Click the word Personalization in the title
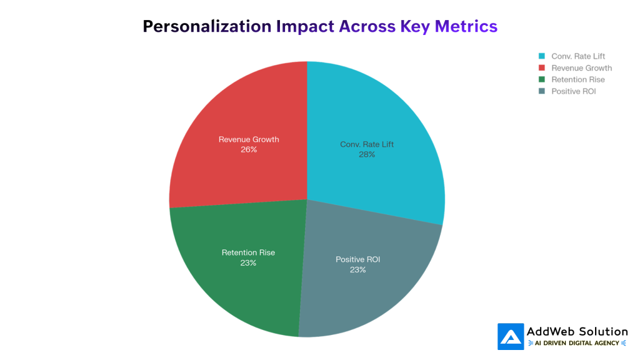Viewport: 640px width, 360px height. coord(207,26)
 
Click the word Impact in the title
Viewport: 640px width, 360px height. coord(305,26)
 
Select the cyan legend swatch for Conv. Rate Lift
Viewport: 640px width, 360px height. coord(542,56)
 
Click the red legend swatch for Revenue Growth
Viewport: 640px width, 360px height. coord(542,68)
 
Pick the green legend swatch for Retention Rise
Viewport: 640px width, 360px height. coord(542,80)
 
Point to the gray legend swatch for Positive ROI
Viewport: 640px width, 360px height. coord(542,92)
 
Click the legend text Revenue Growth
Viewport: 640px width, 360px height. coord(581,68)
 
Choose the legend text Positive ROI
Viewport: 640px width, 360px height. coord(574,92)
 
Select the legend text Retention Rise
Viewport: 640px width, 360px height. coord(577,80)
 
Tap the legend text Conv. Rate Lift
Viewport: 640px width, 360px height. coord(578,56)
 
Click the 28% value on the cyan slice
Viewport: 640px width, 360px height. coord(367,154)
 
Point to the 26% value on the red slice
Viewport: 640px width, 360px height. coord(249,149)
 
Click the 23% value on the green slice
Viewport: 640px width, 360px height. coord(248,263)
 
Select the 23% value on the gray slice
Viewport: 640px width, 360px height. coord(357,270)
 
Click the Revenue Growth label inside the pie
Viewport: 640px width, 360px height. coord(249,139)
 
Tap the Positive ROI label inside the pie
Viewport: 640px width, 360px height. coord(357,259)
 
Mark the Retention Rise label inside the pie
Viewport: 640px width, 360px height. coord(248,252)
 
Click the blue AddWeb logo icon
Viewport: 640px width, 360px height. coord(511,336)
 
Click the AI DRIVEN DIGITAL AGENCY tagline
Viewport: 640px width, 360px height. coord(577,343)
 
